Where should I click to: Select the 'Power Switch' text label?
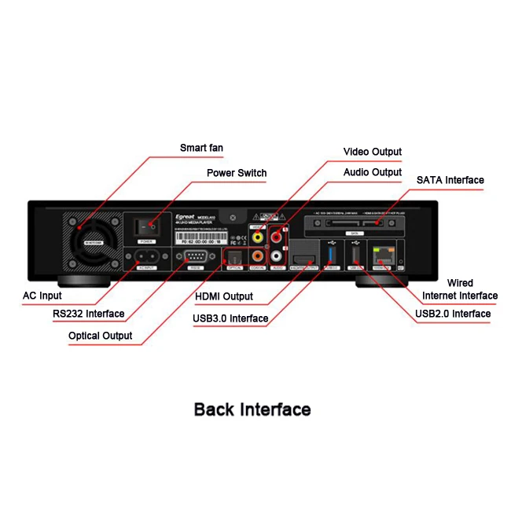[237, 173]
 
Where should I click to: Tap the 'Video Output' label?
[373, 152]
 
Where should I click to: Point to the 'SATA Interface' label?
[450, 180]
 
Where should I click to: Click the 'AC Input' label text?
[42, 296]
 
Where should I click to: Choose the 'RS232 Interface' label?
[89, 314]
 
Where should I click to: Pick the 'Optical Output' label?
[101, 336]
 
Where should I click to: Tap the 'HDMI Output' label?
[224, 296]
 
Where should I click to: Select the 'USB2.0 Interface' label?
[453, 314]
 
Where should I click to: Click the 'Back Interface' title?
[252, 410]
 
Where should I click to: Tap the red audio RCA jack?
[276, 233]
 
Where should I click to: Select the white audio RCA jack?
[276, 256]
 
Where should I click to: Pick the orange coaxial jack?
[257, 256]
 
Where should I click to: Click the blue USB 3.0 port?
[331, 255]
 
